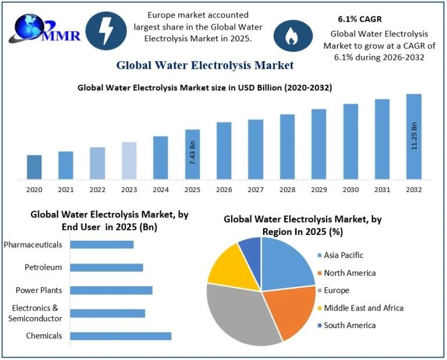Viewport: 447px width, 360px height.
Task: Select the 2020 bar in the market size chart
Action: point(34,167)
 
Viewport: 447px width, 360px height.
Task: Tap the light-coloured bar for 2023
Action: point(129,161)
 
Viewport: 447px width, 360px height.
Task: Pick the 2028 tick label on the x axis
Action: point(288,190)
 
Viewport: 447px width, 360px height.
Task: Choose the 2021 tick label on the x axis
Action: point(66,190)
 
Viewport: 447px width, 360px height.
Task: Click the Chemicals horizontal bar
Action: point(120,336)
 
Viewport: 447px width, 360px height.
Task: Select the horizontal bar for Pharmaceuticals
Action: point(102,244)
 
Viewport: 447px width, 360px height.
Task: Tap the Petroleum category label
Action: point(43,268)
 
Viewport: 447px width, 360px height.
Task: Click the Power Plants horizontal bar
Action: point(111,290)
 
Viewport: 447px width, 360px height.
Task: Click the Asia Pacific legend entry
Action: point(343,255)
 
